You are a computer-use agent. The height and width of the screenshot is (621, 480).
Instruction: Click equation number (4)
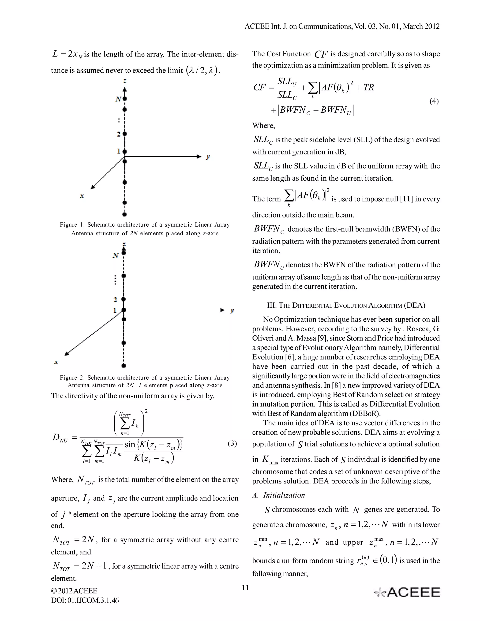(x=434, y=101)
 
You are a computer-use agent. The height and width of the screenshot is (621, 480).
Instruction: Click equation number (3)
(x=232, y=443)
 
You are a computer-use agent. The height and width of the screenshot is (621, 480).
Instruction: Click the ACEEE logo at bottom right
(x=407, y=592)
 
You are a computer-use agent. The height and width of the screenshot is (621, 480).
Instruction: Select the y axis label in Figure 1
(x=208, y=157)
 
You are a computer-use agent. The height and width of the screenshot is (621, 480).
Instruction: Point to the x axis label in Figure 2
(x=56, y=362)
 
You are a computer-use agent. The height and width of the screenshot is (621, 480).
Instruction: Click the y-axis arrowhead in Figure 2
(x=222, y=310)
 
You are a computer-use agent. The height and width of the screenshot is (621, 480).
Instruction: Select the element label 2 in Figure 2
(x=115, y=299)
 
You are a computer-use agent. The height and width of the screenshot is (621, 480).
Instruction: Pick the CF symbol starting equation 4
(x=259, y=87)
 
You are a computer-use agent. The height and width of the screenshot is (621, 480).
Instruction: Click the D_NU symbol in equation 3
(x=60, y=438)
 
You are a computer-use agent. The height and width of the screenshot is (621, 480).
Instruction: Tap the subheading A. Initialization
(x=278, y=495)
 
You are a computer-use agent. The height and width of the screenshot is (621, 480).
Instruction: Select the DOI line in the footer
(x=85, y=600)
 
